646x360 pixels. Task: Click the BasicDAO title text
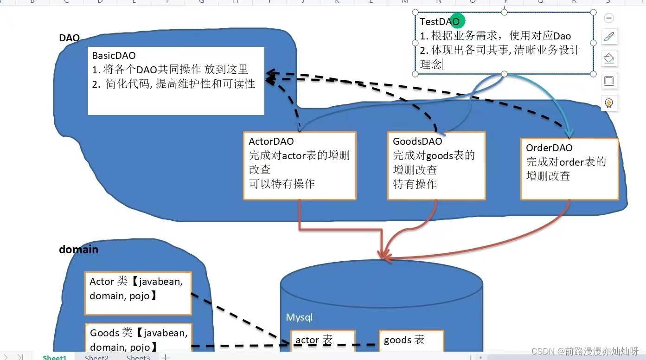(x=114, y=56)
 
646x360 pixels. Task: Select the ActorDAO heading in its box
(x=271, y=141)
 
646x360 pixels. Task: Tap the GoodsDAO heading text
(x=417, y=141)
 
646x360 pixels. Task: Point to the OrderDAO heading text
(x=549, y=148)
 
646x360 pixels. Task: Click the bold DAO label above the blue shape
(x=69, y=38)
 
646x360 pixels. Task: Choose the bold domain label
(x=78, y=250)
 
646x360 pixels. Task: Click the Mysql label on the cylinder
(x=299, y=317)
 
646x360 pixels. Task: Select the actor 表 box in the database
(x=322, y=341)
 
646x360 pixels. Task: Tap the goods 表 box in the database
(x=411, y=341)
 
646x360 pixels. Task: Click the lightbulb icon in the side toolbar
(x=609, y=103)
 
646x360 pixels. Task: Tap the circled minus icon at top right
(x=609, y=18)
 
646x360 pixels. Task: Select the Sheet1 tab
(x=55, y=357)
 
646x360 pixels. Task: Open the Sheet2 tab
(x=96, y=357)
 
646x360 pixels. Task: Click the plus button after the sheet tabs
(x=165, y=357)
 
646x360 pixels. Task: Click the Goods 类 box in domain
(x=138, y=339)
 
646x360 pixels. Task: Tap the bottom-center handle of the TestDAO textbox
(x=504, y=74)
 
